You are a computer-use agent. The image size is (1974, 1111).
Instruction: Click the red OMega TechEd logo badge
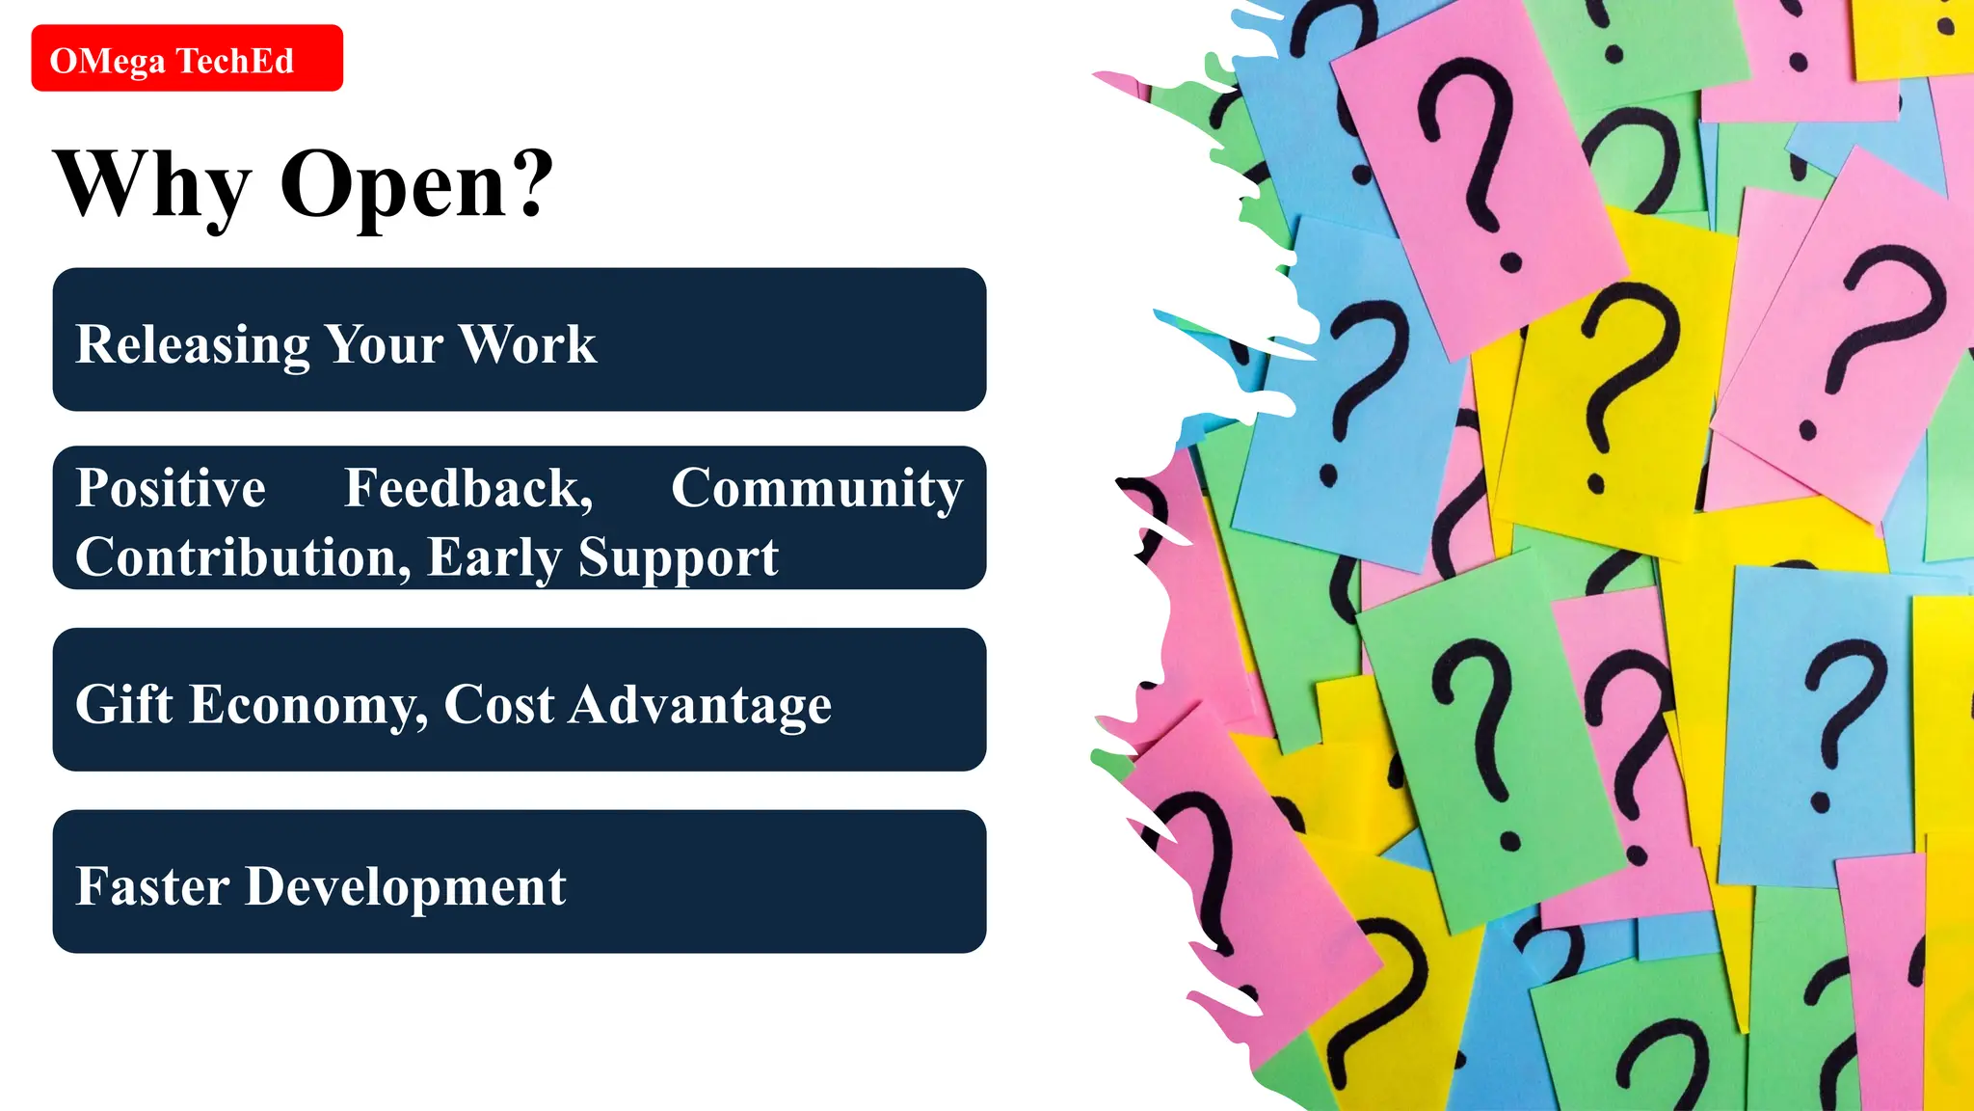tap(187, 58)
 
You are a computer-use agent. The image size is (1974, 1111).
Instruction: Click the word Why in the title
tap(152, 185)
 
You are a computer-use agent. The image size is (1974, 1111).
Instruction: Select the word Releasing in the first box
tap(192, 345)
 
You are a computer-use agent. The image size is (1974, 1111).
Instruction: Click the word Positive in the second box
tap(171, 488)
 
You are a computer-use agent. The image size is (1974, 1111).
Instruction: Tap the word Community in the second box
tap(816, 488)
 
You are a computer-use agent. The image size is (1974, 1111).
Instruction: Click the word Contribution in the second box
tap(237, 557)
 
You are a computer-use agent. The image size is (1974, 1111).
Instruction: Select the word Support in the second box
tap(678, 557)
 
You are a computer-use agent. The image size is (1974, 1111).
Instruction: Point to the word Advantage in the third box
tap(701, 706)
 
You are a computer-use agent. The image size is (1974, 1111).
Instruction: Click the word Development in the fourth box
tap(406, 887)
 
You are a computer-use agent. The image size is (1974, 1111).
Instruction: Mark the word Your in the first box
tap(385, 344)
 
